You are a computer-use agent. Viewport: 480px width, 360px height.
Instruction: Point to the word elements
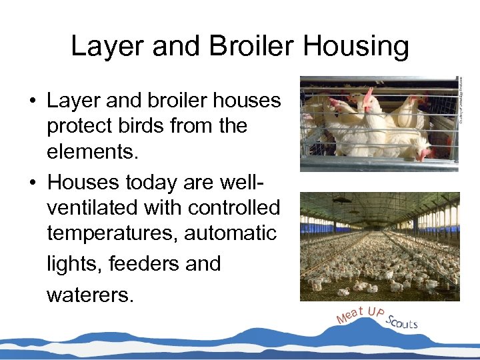click(x=93, y=152)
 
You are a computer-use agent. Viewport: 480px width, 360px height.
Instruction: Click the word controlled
click(x=234, y=207)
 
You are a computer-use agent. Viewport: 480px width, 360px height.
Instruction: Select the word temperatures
click(x=115, y=233)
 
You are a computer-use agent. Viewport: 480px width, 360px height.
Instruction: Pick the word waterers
click(x=90, y=294)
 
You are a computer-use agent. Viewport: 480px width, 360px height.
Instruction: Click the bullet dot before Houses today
click(x=32, y=182)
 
